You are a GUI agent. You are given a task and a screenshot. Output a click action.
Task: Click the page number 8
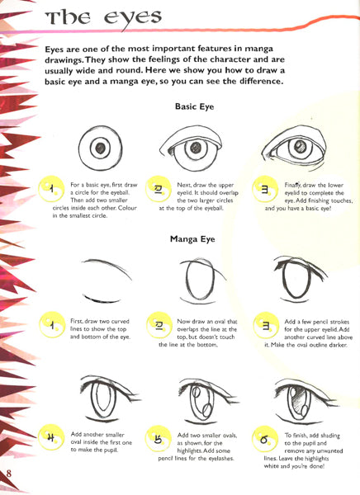click(x=8, y=474)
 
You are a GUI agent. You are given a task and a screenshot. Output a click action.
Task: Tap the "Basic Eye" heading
click(x=194, y=106)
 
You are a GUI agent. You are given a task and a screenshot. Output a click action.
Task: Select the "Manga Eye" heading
click(x=192, y=239)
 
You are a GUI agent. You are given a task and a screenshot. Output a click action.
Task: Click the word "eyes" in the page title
click(x=133, y=18)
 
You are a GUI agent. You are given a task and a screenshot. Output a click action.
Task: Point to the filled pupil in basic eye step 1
click(x=100, y=148)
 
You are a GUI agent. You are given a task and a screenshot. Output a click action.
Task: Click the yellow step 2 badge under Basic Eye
click(x=158, y=189)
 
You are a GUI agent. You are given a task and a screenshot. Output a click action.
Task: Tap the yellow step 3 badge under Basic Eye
click(x=265, y=189)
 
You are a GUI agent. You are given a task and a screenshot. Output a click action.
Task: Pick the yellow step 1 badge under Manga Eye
click(x=51, y=325)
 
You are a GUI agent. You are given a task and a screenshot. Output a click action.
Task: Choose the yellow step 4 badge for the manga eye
click(x=51, y=437)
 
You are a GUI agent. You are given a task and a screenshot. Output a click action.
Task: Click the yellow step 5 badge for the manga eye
click(x=158, y=438)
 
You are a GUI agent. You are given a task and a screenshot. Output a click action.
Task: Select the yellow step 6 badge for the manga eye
click(x=265, y=439)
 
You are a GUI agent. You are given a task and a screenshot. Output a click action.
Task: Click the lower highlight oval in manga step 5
click(x=207, y=410)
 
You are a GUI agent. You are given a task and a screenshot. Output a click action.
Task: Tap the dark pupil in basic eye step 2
click(x=196, y=148)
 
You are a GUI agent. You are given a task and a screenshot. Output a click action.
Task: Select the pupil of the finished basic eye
click(x=300, y=146)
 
